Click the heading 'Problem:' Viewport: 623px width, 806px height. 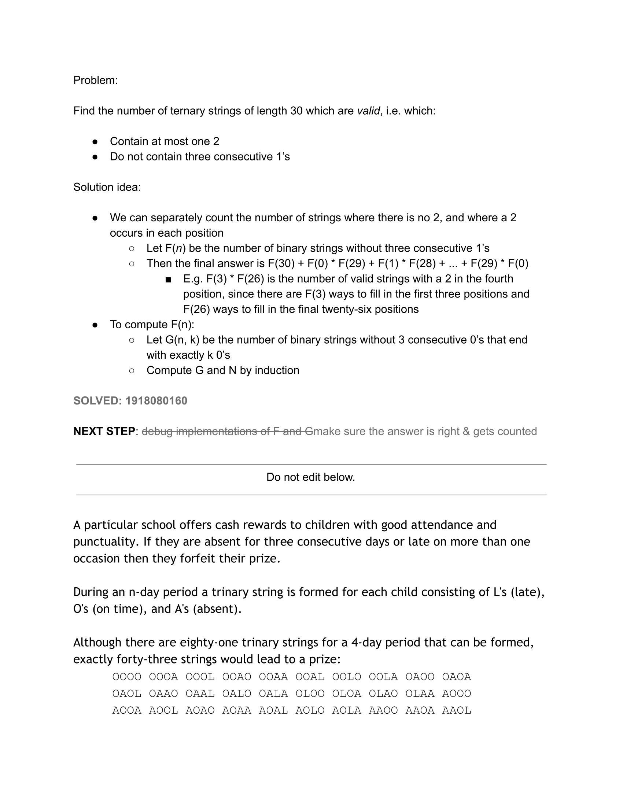click(x=95, y=80)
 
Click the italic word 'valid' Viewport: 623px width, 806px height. click(x=368, y=111)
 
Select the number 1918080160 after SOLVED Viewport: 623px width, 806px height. click(x=156, y=401)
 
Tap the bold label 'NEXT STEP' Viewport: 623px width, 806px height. click(x=104, y=431)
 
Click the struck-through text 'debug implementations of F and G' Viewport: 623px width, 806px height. click(x=227, y=431)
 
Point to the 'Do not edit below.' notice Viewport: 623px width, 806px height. click(x=310, y=477)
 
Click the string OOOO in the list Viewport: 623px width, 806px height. click(x=126, y=677)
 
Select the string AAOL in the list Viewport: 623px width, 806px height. click(x=457, y=710)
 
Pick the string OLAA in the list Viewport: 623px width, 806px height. click(x=420, y=694)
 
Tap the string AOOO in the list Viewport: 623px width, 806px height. click(x=457, y=694)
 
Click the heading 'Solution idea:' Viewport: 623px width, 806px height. click(x=107, y=187)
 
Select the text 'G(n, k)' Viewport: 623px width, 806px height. click(x=182, y=340)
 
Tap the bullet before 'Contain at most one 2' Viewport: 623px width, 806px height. click(x=95, y=141)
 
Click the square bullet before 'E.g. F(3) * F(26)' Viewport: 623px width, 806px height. click(x=168, y=280)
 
